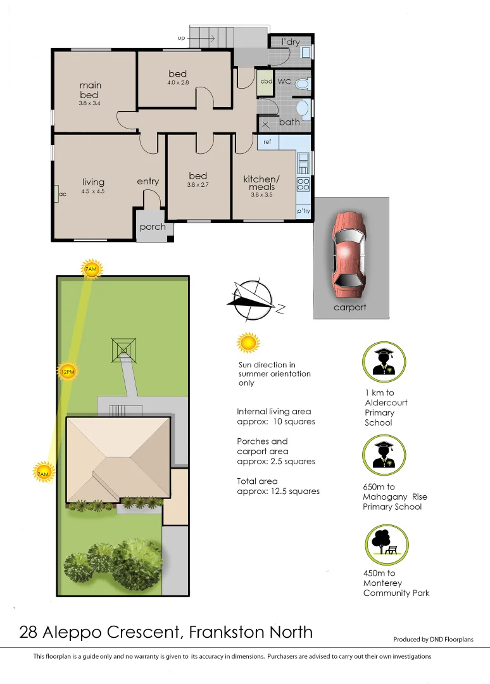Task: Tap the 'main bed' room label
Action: click(x=90, y=90)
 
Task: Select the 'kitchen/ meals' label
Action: click(x=261, y=183)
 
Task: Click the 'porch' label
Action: click(x=153, y=227)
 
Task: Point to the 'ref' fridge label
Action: click(x=267, y=142)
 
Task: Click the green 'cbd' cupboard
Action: click(x=265, y=82)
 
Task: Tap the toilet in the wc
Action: click(x=303, y=83)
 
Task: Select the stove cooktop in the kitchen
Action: click(x=303, y=184)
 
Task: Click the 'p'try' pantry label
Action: click(x=303, y=211)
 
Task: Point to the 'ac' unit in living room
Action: click(x=62, y=194)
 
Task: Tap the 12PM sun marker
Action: click(x=68, y=371)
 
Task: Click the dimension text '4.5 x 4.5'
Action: click(x=92, y=191)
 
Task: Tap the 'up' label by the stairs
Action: click(x=181, y=38)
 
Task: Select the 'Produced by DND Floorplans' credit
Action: click(x=433, y=640)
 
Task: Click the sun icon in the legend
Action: click(x=248, y=343)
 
